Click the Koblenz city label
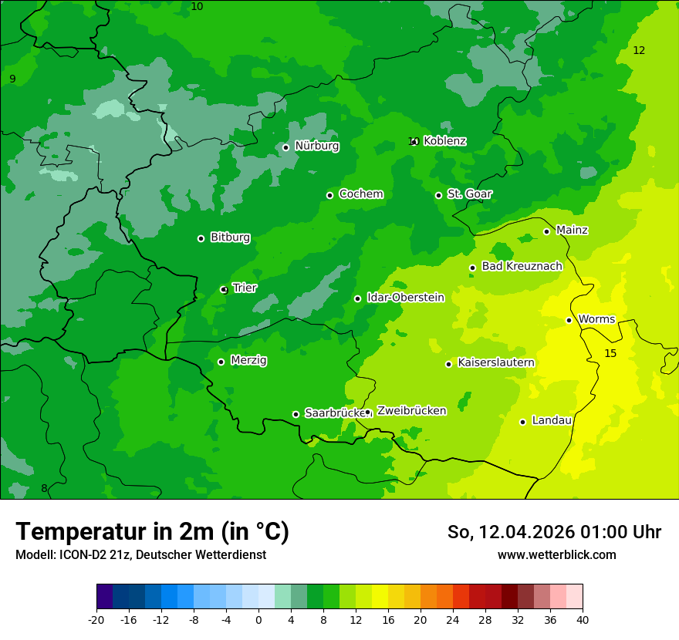click(444, 141)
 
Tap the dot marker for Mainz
click(546, 231)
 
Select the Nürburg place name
click(316, 146)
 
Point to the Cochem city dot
click(329, 195)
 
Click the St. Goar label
click(469, 194)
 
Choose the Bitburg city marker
click(201, 238)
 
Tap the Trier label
click(245, 288)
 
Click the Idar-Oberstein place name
click(405, 298)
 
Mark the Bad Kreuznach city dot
click(472, 268)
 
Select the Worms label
click(596, 319)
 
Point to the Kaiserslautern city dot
click(448, 364)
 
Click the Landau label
click(552, 421)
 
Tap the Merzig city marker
click(221, 362)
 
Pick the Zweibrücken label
click(411, 411)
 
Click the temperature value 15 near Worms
click(610, 353)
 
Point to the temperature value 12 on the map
click(639, 50)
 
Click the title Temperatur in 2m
click(152, 531)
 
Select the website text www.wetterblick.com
click(556, 554)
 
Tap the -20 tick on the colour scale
click(96, 619)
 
